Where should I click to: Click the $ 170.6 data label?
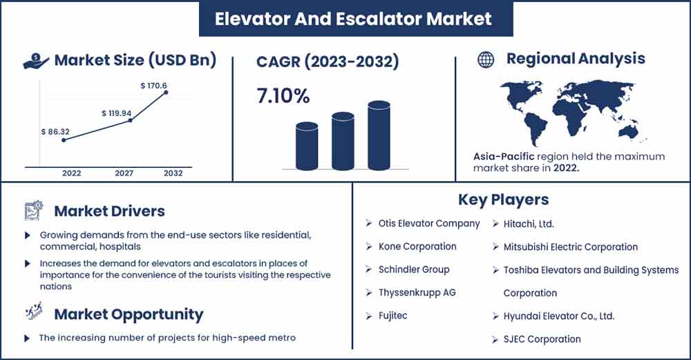point(153,86)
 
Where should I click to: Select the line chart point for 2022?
point(64,140)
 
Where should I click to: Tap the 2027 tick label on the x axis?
point(124,173)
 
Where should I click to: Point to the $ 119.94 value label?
point(116,113)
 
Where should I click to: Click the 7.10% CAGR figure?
point(283,95)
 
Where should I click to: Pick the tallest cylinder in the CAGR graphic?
point(379,135)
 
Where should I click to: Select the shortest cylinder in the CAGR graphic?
point(307,146)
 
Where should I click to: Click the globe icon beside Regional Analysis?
point(486,59)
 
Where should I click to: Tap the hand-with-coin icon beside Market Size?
point(36,61)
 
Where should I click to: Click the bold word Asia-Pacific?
point(504,156)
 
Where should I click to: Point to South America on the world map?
point(535,127)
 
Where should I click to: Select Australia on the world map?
point(628,131)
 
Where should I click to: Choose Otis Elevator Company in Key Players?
point(429,223)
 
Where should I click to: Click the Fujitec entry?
point(392,316)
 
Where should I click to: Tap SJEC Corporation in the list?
point(542,339)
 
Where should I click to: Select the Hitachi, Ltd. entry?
point(529,224)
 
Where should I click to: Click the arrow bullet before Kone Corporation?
point(369,246)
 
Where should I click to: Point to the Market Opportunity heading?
point(129,314)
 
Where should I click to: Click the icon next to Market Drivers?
point(34,210)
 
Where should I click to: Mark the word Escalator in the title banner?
point(378,19)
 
